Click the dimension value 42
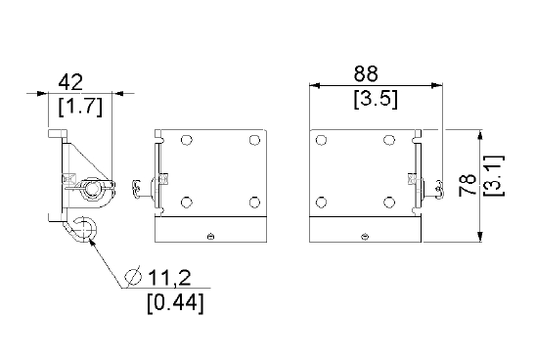coord(70,82)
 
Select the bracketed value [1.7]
coord(80,107)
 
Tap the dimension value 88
coord(366,73)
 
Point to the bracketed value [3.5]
coord(376,99)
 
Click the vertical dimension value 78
coord(468,185)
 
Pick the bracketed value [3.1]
coord(494,176)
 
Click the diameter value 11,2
coord(169,278)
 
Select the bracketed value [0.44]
coord(176,302)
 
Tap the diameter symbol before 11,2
coord(133,276)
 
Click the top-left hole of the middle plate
coord(186,140)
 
